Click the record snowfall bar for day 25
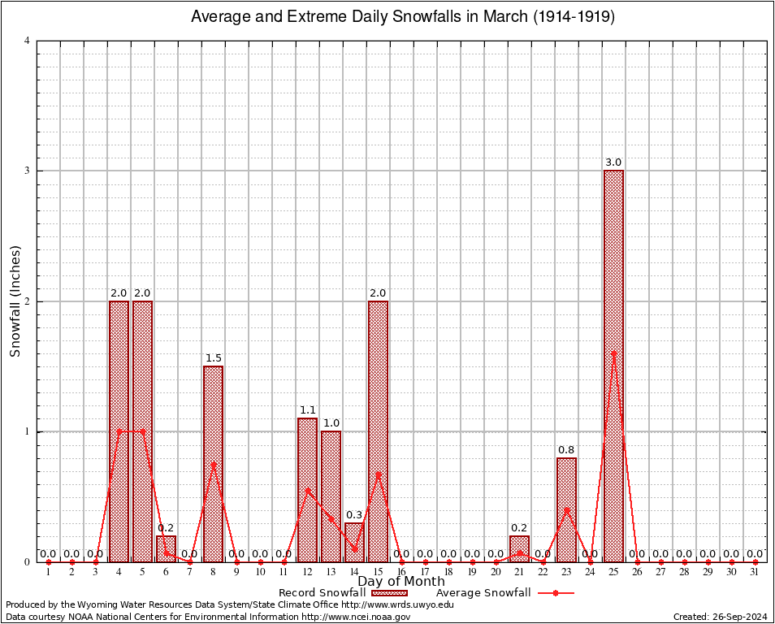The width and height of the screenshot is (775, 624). [x=613, y=366]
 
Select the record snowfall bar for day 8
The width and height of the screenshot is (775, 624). [x=213, y=463]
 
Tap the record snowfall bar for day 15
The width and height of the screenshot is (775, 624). [x=378, y=431]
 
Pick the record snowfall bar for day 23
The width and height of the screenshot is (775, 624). [x=566, y=509]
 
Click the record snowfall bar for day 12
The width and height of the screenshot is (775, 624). [x=307, y=490]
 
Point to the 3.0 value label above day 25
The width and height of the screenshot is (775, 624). [x=613, y=162]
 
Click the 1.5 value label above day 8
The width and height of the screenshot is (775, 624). [x=213, y=358]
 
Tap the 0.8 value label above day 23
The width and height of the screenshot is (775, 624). [x=566, y=449]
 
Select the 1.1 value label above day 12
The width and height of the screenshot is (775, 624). [x=307, y=410]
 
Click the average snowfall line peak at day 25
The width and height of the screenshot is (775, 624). [x=613, y=353]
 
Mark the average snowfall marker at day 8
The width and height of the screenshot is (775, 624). [x=213, y=464]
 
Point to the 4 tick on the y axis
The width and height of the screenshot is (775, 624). [x=27, y=41]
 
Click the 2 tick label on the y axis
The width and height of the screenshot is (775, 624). [x=27, y=301]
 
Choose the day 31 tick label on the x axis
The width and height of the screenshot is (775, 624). [x=755, y=573]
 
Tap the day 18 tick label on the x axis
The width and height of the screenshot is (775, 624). [x=448, y=573]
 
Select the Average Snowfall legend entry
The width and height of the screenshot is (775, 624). [x=483, y=593]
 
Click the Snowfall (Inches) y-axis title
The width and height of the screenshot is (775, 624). [x=15, y=301]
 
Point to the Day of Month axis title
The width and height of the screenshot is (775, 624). [x=401, y=581]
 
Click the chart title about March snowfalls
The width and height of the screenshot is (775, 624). [x=402, y=16]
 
